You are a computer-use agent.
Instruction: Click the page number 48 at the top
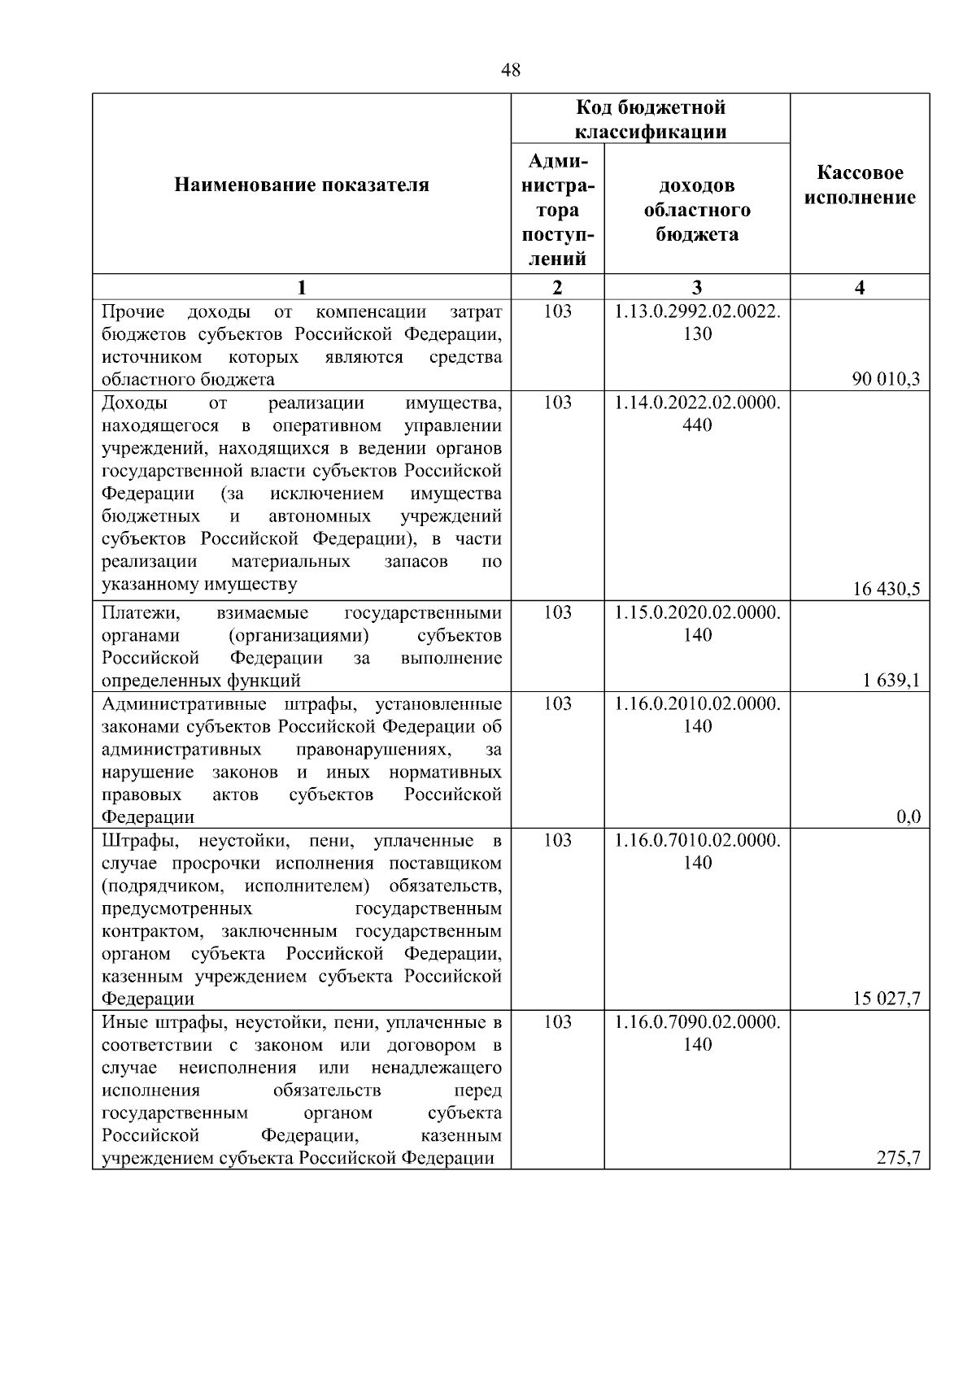[511, 71]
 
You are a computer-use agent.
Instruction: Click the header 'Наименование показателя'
[301, 185]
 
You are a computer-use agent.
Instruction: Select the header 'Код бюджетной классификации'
[651, 120]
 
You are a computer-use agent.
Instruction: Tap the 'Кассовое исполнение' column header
[860, 185]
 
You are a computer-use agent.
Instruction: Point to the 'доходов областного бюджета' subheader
[697, 210]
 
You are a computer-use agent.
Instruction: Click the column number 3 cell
[697, 287]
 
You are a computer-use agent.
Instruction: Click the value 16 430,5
[886, 589]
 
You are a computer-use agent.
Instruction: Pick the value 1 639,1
[891, 680]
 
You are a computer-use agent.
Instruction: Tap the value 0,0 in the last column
[908, 816]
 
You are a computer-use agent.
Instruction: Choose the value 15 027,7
[886, 999]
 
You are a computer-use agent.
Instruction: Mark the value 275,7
[898, 1158]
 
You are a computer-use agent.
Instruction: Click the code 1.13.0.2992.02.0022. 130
[697, 323]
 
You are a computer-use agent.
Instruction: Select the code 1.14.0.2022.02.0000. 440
[697, 414]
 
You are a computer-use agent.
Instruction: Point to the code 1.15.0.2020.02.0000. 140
[697, 624]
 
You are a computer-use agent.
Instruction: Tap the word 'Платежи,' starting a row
[135, 612]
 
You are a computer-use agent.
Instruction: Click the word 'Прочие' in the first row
[133, 311]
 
